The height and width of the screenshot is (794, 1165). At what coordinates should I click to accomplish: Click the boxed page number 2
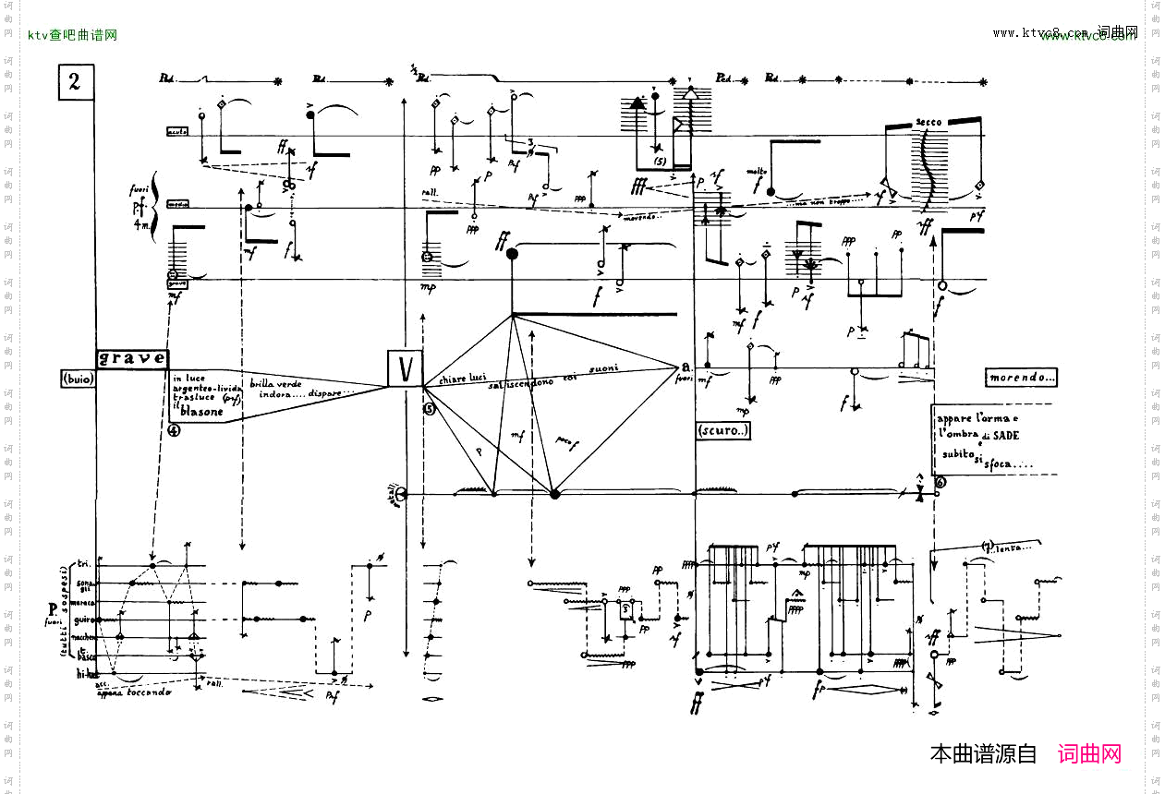tap(74, 82)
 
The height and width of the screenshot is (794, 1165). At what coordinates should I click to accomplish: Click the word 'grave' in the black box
tap(132, 358)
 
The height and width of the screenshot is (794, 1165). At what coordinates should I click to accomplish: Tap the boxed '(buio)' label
tap(79, 379)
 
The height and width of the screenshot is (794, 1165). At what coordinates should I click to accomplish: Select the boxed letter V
tap(405, 370)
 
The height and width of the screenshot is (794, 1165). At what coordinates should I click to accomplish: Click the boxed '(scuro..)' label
tap(722, 430)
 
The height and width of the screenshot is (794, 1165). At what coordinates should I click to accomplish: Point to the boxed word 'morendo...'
tap(1021, 378)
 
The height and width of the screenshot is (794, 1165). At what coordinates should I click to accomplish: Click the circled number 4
tap(174, 428)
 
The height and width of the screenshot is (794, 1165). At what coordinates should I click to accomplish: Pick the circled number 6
tap(940, 482)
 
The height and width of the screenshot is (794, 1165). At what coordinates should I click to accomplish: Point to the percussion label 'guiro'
tap(88, 620)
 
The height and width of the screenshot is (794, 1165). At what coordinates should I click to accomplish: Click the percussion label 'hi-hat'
tap(88, 675)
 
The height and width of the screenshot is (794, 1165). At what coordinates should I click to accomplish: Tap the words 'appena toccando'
tap(135, 692)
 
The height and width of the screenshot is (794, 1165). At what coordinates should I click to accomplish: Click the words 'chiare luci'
tap(463, 379)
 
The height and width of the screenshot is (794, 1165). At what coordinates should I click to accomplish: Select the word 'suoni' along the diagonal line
tap(604, 369)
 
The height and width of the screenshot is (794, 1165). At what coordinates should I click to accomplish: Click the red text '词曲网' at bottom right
tap(1089, 754)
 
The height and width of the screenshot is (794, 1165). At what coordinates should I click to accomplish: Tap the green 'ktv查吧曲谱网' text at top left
tap(72, 35)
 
